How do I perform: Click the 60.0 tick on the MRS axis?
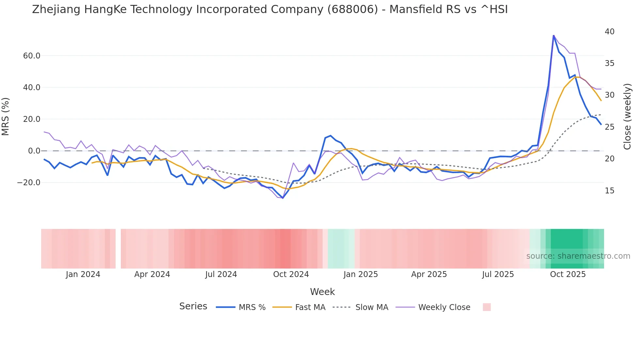click(31, 56)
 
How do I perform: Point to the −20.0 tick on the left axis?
click(29, 183)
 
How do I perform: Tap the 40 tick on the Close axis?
click(609, 32)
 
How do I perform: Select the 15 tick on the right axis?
click(609, 191)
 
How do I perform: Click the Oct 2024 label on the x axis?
click(291, 274)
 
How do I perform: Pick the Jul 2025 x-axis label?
click(498, 274)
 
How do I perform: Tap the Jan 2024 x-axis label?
click(83, 274)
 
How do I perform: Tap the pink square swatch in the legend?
click(487, 307)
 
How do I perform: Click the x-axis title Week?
click(322, 292)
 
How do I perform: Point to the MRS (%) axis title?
click(6, 117)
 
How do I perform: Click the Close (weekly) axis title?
click(627, 117)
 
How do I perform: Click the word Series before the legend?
click(193, 306)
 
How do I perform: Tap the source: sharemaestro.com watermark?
click(578, 256)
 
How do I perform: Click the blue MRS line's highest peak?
click(553, 35)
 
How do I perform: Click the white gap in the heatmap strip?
click(118, 249)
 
